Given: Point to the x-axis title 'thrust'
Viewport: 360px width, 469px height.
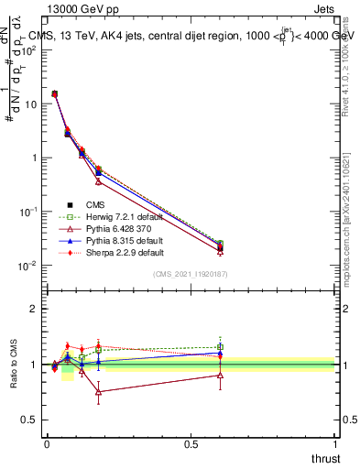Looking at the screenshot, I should coord(325,459).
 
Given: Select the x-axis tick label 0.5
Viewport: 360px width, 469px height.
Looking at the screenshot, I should coord(191,443).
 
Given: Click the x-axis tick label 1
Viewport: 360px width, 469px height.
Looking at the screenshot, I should coord(337,443).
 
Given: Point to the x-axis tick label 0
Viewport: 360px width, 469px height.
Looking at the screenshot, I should coord(47,443).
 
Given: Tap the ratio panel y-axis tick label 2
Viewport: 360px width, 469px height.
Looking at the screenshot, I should coord(34,309).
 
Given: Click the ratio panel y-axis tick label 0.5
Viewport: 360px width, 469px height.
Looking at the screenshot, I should coord(29,420).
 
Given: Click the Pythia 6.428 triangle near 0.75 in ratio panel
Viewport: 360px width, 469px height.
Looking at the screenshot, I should coord(98,391).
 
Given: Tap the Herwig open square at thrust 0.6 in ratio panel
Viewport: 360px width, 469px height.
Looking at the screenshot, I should coord(220,346).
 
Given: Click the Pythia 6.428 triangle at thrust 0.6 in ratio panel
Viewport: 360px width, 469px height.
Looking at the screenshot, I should coord(220,375).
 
